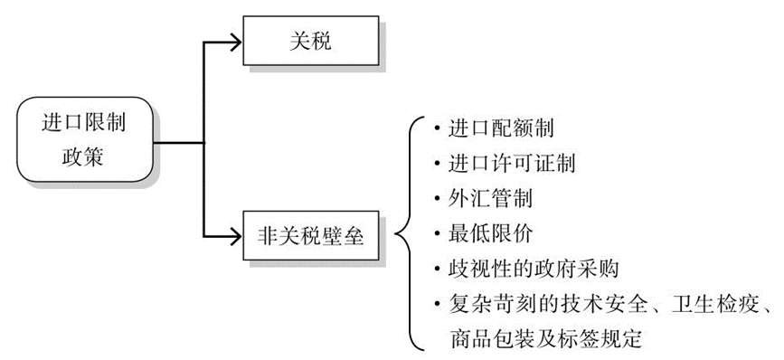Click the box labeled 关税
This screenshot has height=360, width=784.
click(312, 41)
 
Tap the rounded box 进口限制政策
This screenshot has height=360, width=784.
click(82, 140)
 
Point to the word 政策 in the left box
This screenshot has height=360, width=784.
click(82, 156)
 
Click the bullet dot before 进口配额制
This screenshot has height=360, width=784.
click(437, 128)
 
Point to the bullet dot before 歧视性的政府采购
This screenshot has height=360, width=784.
click(437, 270)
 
